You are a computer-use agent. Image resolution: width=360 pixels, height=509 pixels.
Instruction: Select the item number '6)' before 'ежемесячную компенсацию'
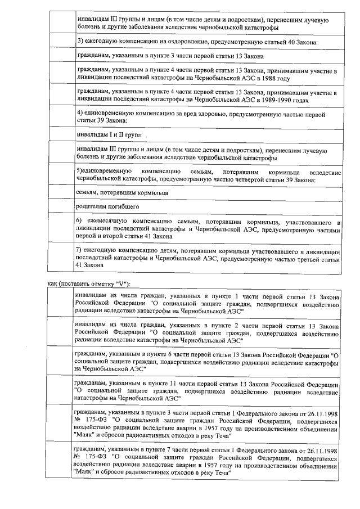(79, 223)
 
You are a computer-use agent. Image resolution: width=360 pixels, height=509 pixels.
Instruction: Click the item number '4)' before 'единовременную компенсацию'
(79, 114)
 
